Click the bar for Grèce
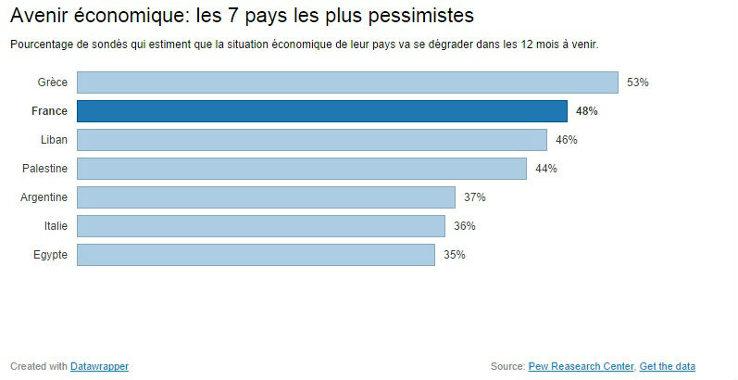347,82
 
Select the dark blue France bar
321,111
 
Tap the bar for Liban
311,140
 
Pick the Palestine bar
301,169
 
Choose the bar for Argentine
266,197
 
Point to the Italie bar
260,226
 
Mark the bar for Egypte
256,255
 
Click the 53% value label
638,82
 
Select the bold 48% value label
587,111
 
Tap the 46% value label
567,140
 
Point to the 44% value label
546,169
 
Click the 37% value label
475,197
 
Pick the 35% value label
454,255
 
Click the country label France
49,111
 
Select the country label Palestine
44,169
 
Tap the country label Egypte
49,255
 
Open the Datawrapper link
99,366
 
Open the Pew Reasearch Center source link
582,366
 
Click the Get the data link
667,366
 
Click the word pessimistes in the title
416,17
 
